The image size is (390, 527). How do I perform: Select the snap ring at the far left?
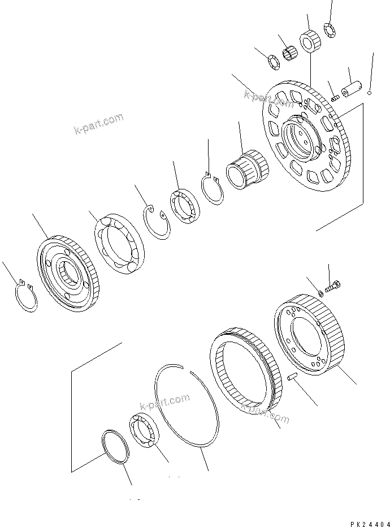pos(25,296)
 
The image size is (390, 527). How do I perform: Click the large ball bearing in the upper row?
pos(119,244)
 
